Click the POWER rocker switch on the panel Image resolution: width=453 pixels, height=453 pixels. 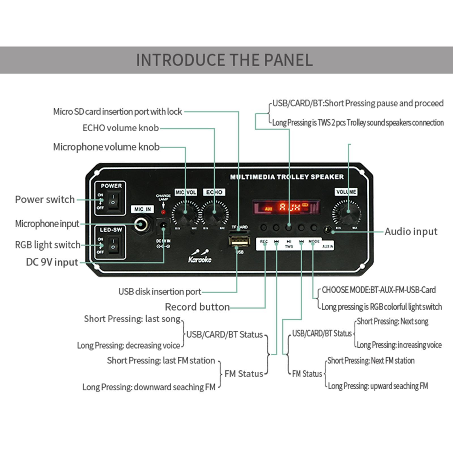(x=114, y=200)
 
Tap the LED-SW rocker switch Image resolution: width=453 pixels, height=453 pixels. (x=114, y=244)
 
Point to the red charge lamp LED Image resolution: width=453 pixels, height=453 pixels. (x=163, y=212)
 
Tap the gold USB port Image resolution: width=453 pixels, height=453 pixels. (x=240, y=241)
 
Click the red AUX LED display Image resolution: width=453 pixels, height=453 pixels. (x=286, y=207)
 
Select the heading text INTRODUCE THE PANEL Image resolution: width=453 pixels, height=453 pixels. (x=224, y=60)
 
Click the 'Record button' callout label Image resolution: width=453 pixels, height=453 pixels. (x=197, y=307)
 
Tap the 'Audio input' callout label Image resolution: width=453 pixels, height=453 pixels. (x=411, y=231)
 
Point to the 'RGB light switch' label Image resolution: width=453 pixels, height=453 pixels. (x=48, y=245)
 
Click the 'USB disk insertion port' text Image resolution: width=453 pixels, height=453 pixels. (x=160, y=291)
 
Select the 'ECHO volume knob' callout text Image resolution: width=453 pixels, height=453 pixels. (x=121, y=128)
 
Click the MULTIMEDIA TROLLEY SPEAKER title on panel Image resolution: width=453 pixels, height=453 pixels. (x=287, y=177)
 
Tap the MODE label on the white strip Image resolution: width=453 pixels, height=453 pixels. (x=314, y=242)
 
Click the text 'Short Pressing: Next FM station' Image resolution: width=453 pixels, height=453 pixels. (x=371, y=360)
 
